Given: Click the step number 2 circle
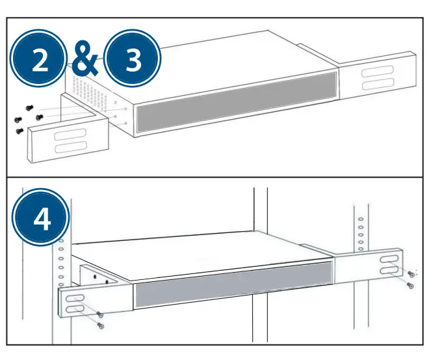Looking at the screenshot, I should (40, 60).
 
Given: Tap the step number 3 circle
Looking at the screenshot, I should (133, 60).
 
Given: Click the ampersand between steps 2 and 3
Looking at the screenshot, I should (86, 60).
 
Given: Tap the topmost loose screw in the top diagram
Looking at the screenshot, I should (28, 107).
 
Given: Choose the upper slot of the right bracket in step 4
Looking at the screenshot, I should (386, 258).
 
